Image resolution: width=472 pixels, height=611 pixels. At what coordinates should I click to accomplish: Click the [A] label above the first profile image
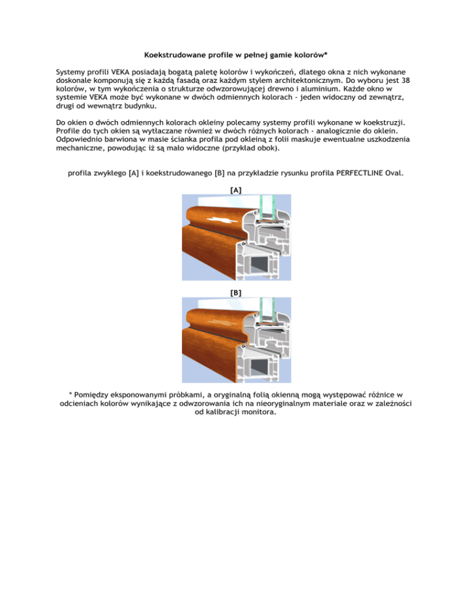235,191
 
